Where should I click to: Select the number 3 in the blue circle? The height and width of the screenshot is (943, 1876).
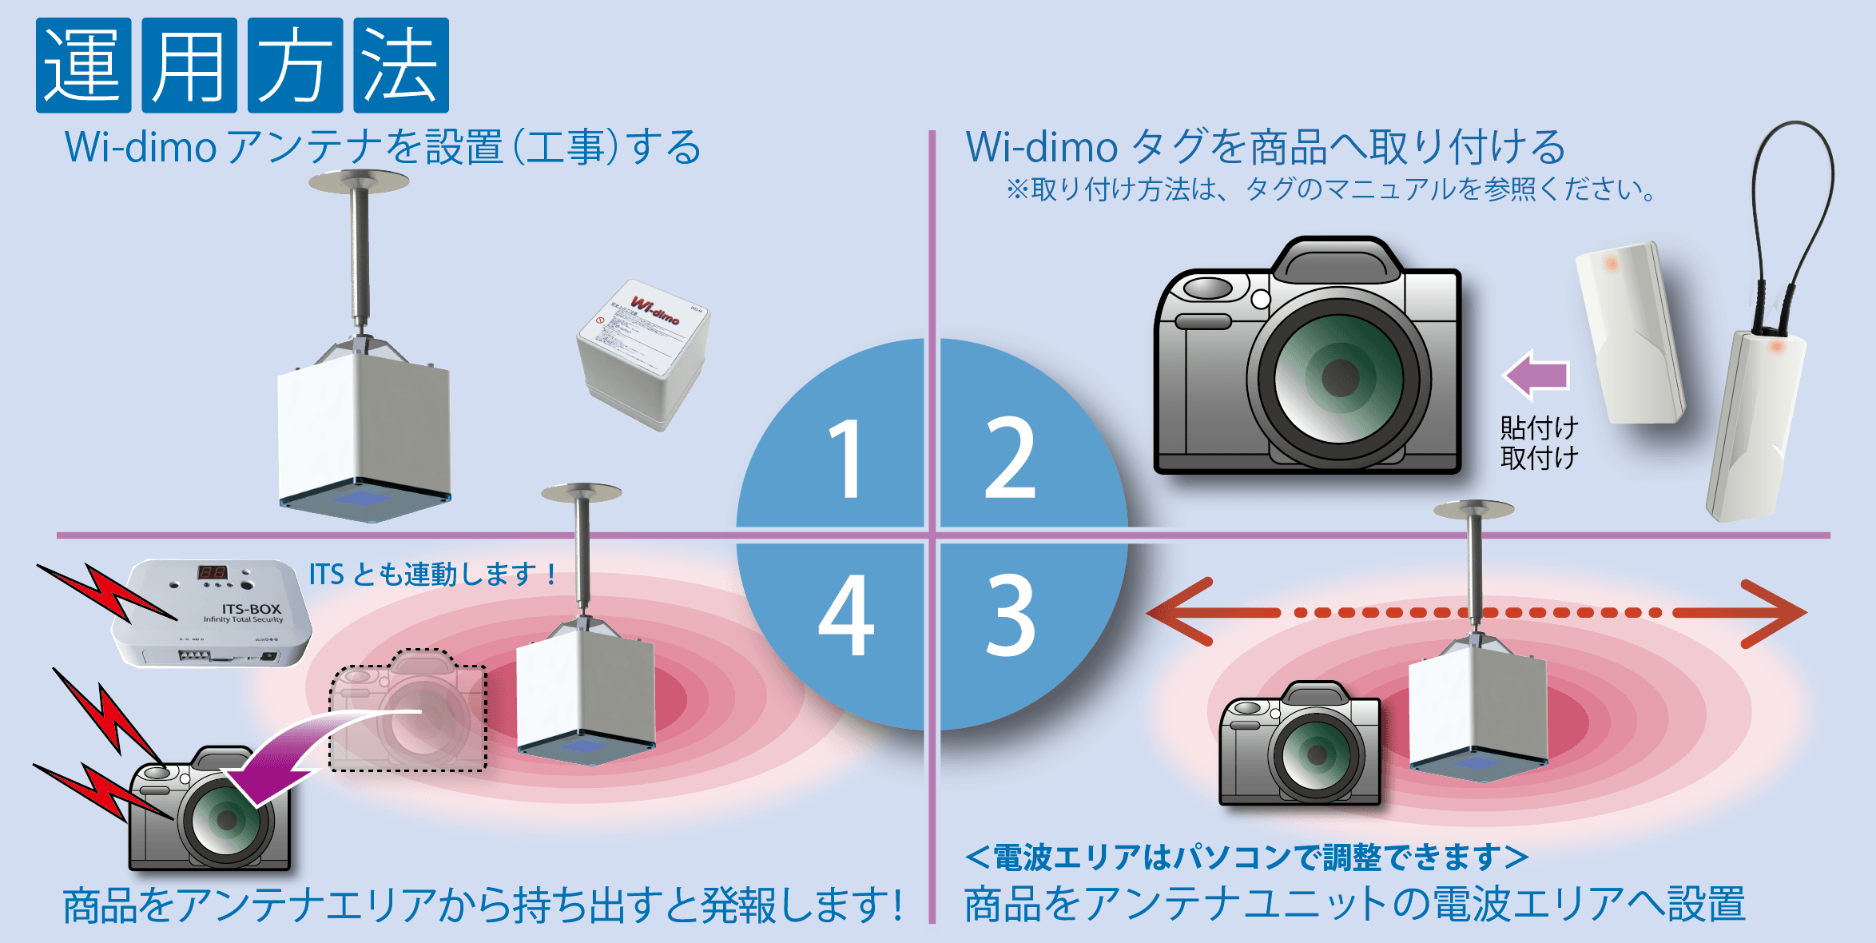click(x=1011, y=615)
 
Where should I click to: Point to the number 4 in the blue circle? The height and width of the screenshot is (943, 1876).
click(x=845, y=615)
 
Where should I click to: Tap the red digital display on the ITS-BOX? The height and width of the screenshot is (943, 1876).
click(x=213, y=572)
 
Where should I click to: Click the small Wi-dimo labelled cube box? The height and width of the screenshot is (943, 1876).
click(x=644, y=352)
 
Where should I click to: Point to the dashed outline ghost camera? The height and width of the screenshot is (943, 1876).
click(x=407, y=711)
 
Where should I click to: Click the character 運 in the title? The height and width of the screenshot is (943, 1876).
click(x=83, y=66)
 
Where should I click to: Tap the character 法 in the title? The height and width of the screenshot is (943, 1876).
click(x=401, y=66)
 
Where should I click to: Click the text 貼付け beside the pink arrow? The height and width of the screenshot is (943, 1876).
click(x=1539, y=428)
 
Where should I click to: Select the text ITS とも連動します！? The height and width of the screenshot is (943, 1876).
click(x=432, y=574)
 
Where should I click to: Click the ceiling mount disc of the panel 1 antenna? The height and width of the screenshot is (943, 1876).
click(x=359, y=181)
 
